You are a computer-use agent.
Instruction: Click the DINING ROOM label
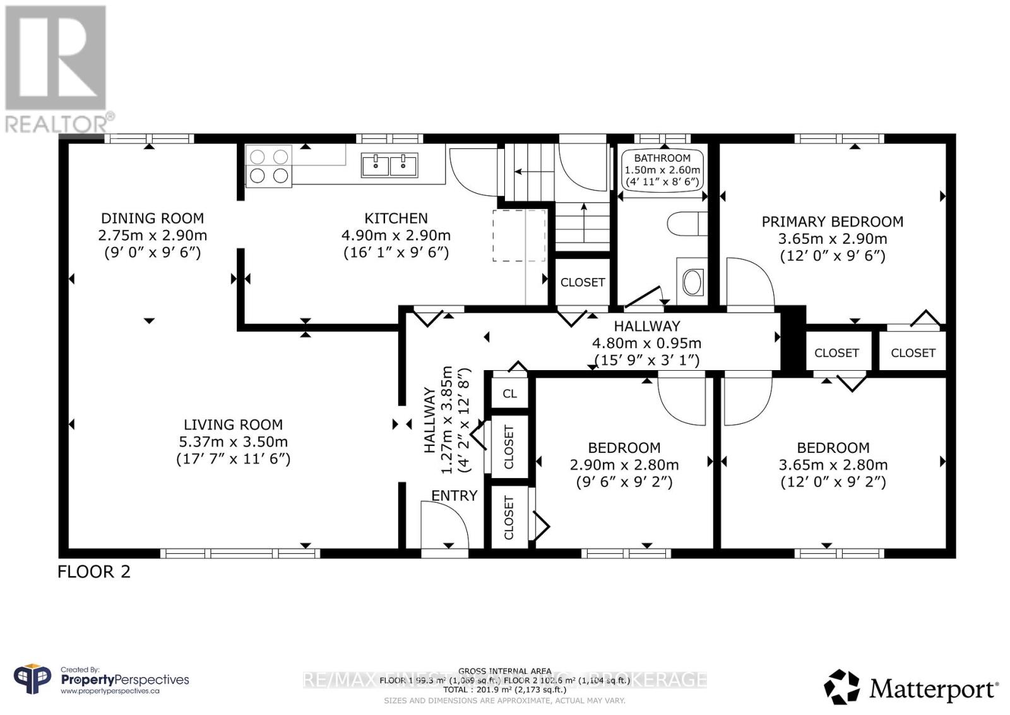click(x=152, y=219)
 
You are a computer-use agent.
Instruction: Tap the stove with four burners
click(x=268, y=165)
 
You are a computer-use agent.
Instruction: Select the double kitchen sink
click(x=389, y=165)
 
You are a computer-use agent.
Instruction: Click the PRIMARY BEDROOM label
click(x=832, y=222)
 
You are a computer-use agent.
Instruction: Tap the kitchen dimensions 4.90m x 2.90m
click(x=396, y=236)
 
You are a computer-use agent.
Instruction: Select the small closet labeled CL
click(x=509, y=394)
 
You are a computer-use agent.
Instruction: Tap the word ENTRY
click(x=454, y=496)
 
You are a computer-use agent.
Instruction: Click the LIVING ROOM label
click(x=233, y=425)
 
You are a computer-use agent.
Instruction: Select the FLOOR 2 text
click(x=93, y=572)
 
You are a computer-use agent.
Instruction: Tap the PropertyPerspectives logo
click(x=101, y=680)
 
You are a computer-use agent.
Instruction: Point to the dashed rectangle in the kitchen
click(x=519, y=236)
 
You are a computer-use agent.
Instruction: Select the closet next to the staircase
click(x=582, y=282)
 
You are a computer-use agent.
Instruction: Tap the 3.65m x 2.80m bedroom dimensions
click(x=833, y=465)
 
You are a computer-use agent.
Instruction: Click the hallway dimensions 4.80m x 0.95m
click(x=646, y=344)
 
